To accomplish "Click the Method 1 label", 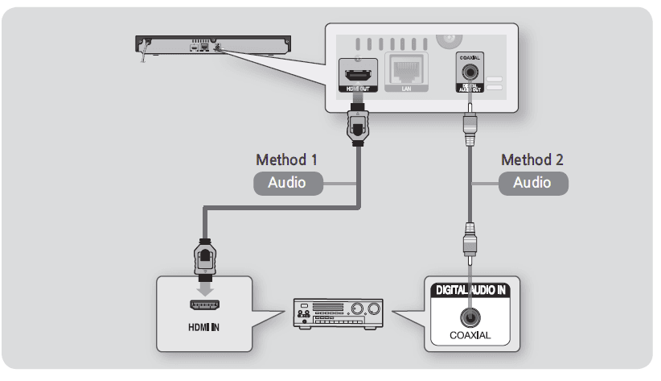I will [x=285, y=159].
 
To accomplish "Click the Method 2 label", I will [x=532, y=159].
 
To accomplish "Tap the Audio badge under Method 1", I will [x=287, y=183].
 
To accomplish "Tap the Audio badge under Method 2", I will [x=532, y=183].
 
